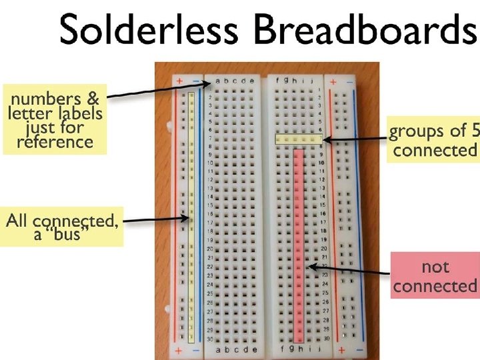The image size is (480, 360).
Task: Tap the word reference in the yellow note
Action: pyautogui.click(x=55, y=141)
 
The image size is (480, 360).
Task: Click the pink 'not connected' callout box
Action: pyautogui.click(x=435, y=276)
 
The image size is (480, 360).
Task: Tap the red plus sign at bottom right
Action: pyautogui.click(x=340, y=349)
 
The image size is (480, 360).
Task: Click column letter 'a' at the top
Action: pyautogui.click(x=219, y=82)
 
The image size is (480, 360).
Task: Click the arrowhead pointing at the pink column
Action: pyautogui.click(x=308, y=267)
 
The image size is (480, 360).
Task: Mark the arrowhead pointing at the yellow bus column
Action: pyautogui.click(x=188, y=217)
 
